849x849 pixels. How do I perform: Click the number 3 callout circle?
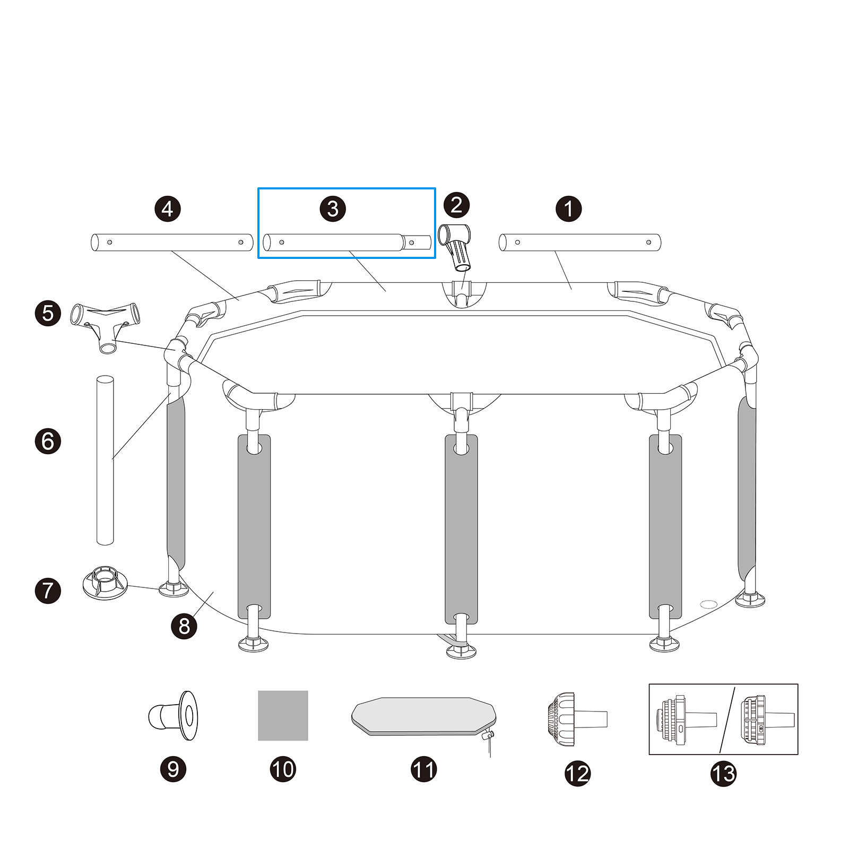[x=333, y=209]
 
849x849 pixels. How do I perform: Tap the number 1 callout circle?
[x=568, y=209]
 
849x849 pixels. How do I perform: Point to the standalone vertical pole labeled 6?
[x=105, y=460]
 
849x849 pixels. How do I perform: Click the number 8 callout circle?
[x=184, y=626]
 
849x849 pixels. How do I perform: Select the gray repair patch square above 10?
[x=283, y=715]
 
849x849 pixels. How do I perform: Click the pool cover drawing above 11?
[x=423, y=716]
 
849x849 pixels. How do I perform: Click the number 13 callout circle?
[x=723, y=774]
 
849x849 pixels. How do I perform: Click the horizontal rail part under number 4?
[x=172, y=242]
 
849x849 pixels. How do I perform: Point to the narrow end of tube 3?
[x=419, y=242]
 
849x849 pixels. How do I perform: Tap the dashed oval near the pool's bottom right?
[x=708, y=604]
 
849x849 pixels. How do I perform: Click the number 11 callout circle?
[x=423, y=769]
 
